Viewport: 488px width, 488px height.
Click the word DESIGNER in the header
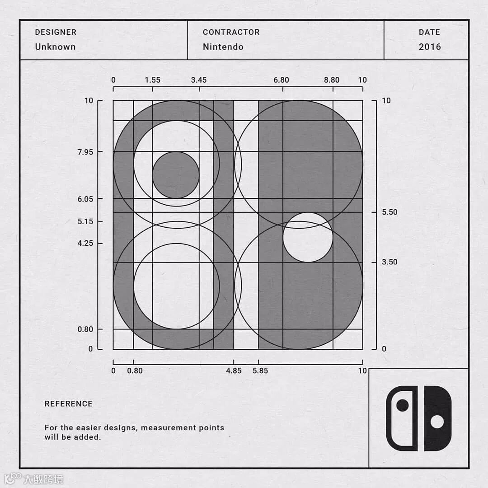[x=56, y=32]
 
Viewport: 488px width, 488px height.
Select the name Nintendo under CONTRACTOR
[x=223, y=47]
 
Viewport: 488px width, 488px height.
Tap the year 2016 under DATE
[x=430, y=47]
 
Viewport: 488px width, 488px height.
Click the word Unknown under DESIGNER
[x=56, y=47]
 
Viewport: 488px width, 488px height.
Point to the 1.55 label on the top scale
[x=153, y=80]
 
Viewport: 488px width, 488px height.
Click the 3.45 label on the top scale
[x=199, y=80]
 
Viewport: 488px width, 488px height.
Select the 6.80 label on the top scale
[x=282, y=80]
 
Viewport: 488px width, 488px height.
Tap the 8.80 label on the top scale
[x=332, y=80]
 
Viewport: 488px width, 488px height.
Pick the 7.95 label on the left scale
[x=85, y=152]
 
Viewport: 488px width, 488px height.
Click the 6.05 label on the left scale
[x=85, y=199]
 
